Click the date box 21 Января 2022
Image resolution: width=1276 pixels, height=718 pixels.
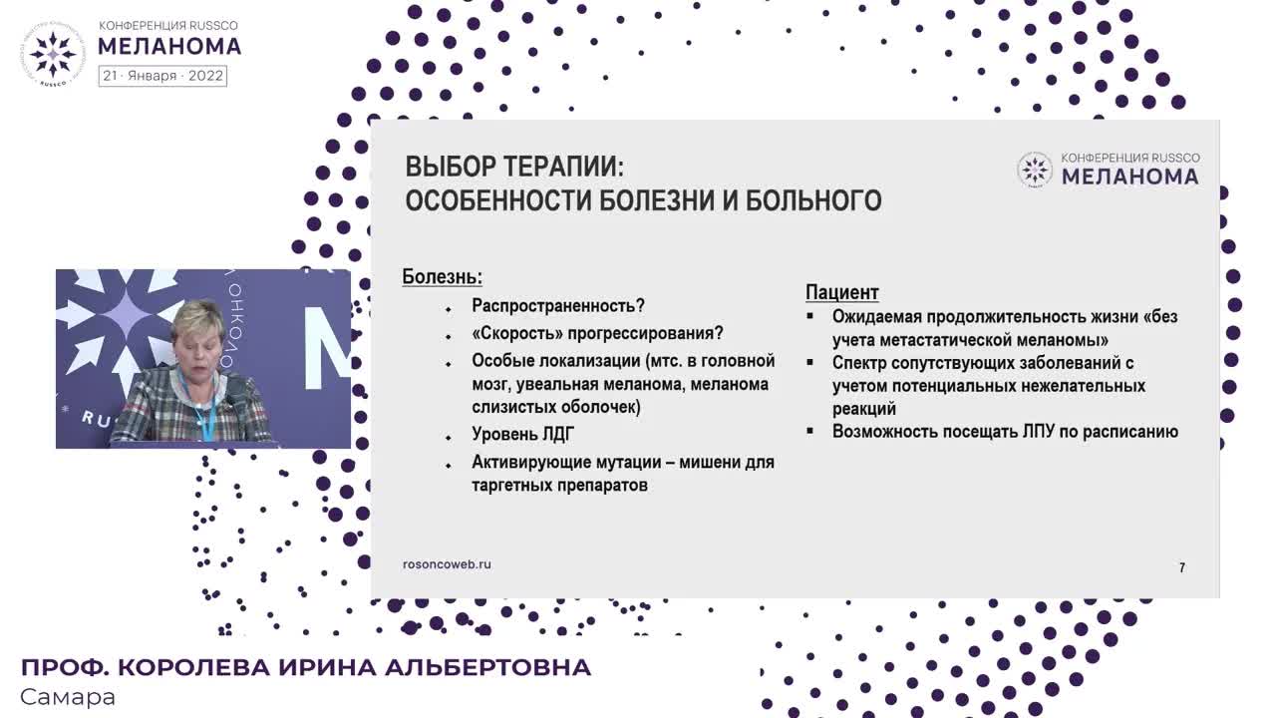coord(162,76)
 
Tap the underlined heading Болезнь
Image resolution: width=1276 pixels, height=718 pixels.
coord(442,277)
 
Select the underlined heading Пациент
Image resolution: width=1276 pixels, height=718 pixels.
coord(841,292)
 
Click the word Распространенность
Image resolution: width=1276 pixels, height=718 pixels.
coord(554,306)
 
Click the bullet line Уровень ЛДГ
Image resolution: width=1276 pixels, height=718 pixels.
coord(523,435)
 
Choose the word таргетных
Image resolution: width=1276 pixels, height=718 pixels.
coord(512,486)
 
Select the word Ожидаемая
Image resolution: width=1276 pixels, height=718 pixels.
coord(881,317)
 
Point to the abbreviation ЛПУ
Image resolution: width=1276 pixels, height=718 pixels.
coord(1045,432)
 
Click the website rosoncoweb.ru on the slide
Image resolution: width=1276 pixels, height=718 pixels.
coord(447,564)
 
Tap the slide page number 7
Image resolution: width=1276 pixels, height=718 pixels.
coord(1182,567)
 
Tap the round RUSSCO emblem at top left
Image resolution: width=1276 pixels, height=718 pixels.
coord(53,52)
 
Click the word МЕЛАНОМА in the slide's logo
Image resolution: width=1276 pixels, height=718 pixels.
coord(1129,177)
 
